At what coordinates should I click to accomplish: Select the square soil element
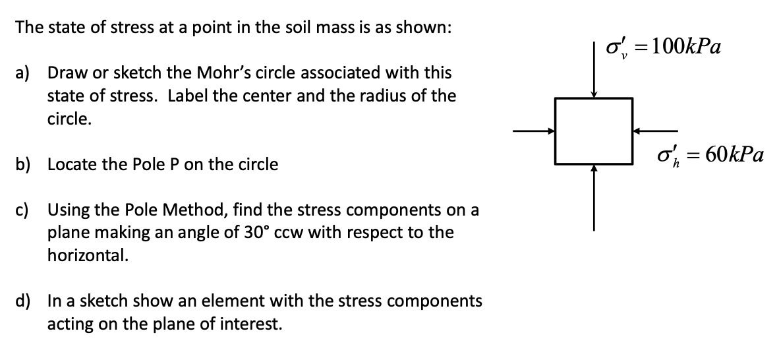click(x=594, y=130)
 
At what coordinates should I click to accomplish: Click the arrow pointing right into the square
click(x=534, y=131)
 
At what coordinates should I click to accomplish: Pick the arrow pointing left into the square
click(x=655, y=131)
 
